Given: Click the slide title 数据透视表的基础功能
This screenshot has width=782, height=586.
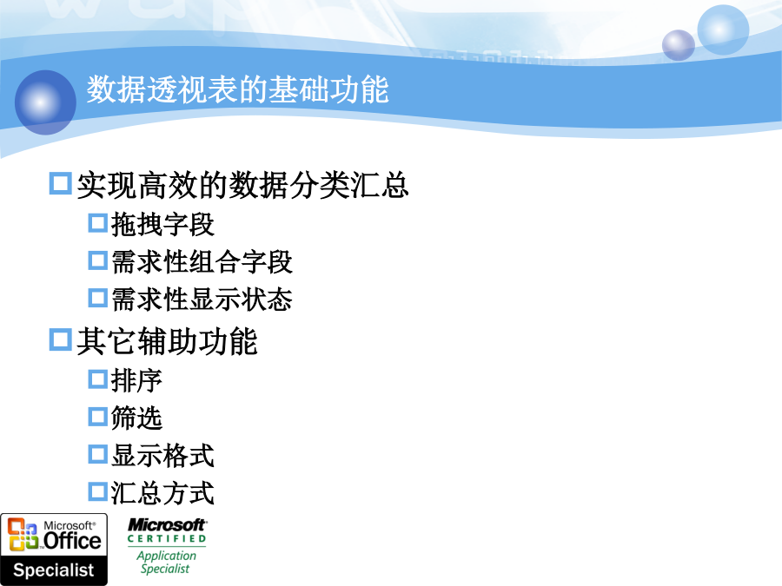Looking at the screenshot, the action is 237,89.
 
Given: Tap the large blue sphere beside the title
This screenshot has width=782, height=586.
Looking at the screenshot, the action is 45,102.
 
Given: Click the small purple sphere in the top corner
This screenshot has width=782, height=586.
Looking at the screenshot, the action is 679,45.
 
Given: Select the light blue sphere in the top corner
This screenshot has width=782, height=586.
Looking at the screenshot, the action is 723,29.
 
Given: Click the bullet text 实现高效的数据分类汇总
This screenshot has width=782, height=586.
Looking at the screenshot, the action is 243,185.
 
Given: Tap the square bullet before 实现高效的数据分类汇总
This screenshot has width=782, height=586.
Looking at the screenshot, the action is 60,183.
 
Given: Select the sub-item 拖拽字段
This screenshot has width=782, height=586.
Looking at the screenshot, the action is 162,224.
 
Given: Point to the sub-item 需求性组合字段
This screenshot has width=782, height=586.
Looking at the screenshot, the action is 202,261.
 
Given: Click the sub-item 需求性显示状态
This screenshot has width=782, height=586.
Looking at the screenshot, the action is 202,299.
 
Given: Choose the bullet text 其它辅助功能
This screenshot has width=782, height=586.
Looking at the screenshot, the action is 167,341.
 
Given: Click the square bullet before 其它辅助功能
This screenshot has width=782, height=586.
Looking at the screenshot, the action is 60,339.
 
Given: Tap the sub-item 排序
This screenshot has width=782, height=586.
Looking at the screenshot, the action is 136,380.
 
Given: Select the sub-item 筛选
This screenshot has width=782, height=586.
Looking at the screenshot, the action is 136,418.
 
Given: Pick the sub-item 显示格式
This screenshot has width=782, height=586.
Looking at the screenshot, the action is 162,456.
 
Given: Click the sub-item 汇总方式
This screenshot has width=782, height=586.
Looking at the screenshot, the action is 162,493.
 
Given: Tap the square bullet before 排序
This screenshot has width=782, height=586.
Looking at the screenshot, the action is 97,379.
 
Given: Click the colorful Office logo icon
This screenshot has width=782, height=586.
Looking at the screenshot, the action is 23,535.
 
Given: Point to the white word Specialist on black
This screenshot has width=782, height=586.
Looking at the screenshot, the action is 53,570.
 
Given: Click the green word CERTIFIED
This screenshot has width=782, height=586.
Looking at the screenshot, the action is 167,538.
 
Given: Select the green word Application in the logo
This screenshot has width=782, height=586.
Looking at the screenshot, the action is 167,556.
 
